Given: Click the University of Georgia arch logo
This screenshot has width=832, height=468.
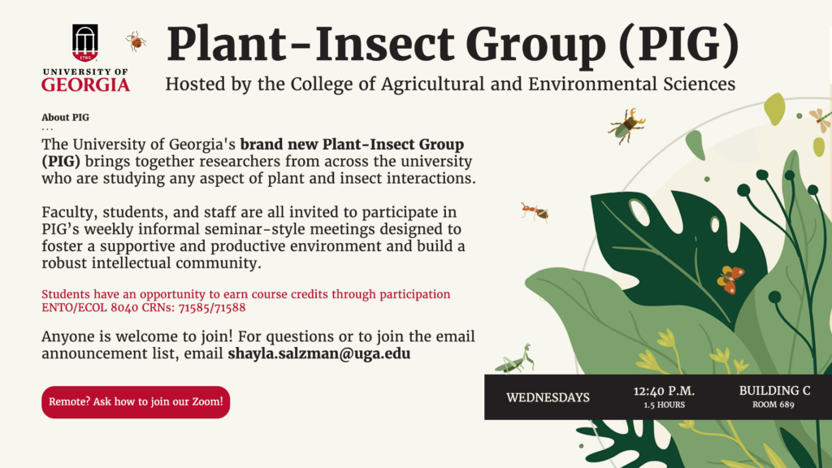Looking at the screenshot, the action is coord(84,42).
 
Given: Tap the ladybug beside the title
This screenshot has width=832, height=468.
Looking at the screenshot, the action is coord(136,41).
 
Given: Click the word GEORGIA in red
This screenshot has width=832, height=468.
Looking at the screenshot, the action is coord(85,84).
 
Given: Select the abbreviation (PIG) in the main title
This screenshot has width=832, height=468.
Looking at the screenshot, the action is coord(678,45).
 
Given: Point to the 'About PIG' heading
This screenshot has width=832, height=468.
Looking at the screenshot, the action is coord(65,117).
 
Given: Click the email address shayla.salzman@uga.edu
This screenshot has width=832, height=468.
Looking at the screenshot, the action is coord(318,354).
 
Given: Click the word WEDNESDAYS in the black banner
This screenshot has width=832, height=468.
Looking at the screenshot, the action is coord(548,397).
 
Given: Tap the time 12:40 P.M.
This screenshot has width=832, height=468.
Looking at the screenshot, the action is coord(664,391).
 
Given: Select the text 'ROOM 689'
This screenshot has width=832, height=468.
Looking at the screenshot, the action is coord(773,405).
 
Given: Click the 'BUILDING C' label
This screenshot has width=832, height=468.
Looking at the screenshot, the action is coord(774,391).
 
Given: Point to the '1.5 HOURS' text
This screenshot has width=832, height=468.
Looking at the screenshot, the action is coord(665,405).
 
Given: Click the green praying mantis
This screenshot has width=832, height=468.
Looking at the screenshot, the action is coord(514,359).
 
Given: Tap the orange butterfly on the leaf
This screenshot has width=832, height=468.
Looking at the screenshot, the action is coord(730,279).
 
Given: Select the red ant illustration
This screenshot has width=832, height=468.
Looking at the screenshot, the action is coord(535,212).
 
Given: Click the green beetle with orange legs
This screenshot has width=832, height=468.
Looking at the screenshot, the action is coord(627,126).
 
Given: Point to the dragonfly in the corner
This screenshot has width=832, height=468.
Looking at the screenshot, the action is coord(821,120).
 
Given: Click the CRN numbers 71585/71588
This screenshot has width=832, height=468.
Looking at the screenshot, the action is coord(212,308).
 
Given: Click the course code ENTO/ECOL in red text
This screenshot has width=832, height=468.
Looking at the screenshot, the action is coord(74,308).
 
